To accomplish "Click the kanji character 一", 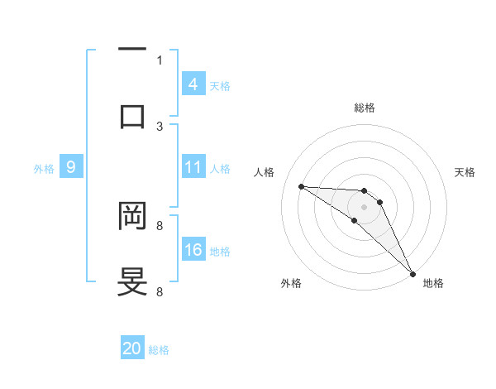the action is click(132, 50).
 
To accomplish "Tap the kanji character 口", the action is click(132, 116).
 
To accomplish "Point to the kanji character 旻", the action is click(132, 281).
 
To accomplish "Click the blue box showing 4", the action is click(193, 84).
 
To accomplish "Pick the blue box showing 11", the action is click(193, 167).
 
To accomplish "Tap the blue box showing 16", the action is click(193, 250).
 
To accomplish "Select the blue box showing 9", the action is click(71, 167).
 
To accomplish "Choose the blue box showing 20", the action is click(132, 348).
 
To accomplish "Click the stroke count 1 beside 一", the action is click(160, 60).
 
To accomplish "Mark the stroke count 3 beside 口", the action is click(160, 127).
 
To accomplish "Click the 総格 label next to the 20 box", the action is click(159, 350).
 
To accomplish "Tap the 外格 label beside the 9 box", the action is click(44, 169).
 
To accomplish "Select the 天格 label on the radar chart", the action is click(465, 172).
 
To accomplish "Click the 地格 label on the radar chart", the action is click(433, 283).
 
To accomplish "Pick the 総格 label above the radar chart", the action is click(365, 108).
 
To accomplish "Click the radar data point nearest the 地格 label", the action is click(413, 273).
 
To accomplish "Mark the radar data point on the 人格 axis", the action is click(301, 186).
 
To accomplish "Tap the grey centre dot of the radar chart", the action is click(364, 206).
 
